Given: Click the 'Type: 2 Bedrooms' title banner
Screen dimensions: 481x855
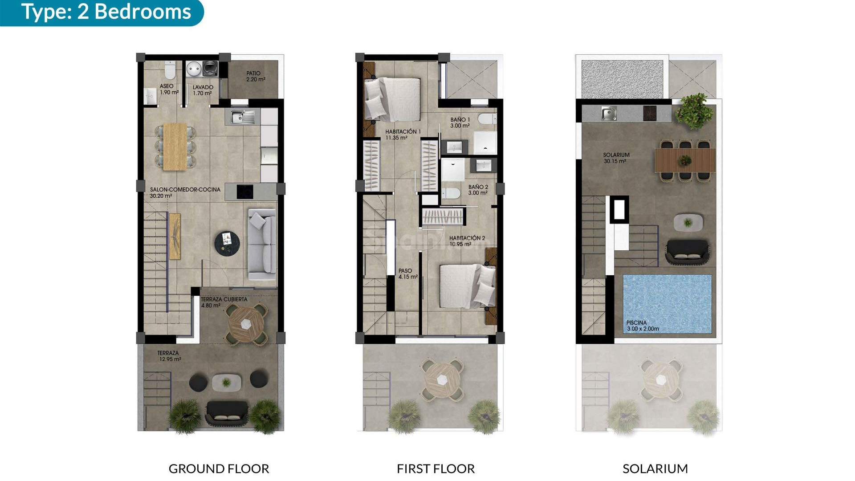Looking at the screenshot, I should click(x=106, y=12).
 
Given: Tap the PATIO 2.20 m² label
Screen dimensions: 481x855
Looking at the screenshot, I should click(x=255, y=76).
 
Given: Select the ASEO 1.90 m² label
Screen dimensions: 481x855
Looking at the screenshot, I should click(x=169, y=89).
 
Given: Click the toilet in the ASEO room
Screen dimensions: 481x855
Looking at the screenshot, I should click(x=170, y=70).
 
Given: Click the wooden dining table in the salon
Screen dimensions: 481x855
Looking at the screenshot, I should click(x=175, y=147).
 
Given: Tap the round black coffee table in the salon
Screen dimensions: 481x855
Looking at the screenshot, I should click(x=227, y=243).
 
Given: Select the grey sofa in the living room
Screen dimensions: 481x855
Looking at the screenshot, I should click(x=262, y=244).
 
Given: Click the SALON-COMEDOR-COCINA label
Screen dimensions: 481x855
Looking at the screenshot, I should click(x=185, y=192).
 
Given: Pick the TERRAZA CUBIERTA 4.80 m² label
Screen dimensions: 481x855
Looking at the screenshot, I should click(x=224, y=302).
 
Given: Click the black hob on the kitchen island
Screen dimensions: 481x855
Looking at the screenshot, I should click(x=244, y=192).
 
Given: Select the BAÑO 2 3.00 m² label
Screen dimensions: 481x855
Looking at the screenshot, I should click(x=478, y=190).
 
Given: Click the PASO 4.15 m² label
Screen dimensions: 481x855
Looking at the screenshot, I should click(x=407, y=273).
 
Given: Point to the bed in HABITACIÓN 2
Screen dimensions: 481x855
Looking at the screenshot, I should click(x=466, y=286).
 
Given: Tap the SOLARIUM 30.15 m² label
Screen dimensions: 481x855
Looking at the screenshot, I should click(x=616, y=158).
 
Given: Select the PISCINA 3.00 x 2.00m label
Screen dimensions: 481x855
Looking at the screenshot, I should click(x=643, y=326).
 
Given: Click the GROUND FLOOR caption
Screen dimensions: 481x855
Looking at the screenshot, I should click(x=219, y=469).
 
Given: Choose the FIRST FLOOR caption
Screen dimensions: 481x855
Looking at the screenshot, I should click(x=436, y=469).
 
